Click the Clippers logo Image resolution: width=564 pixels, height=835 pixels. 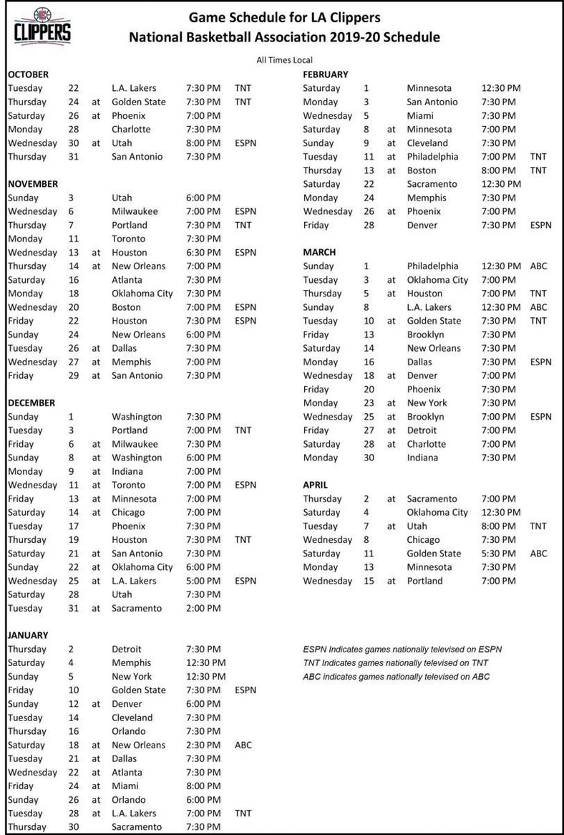point(43,28)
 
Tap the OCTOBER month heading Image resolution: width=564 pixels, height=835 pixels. point(28,74)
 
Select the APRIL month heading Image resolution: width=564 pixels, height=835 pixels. point(315,485)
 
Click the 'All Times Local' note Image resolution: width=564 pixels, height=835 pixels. point(284,60)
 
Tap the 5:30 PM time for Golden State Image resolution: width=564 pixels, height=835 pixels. point(499,554)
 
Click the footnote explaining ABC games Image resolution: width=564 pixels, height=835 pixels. point(397,677)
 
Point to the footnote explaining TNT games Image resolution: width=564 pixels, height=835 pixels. point(396,663)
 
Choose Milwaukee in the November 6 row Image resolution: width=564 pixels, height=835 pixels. point(135,212)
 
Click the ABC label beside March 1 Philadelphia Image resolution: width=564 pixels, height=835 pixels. point(539,266)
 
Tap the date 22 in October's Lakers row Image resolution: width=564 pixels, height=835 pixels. point(74,88)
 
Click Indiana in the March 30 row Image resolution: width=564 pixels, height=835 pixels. point(422,458)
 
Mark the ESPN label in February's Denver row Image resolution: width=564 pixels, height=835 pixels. point(541,226)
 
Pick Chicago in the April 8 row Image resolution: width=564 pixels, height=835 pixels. point(423,540)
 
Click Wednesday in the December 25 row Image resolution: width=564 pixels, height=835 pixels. point(32,581)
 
